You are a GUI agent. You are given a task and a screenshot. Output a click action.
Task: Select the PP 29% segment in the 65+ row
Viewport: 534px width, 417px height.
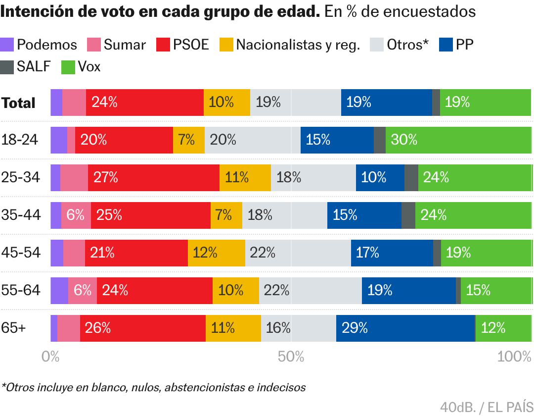tap(405, 328)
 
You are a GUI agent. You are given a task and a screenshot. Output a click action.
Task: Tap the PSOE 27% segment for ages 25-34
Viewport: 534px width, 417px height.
tap(154, 178)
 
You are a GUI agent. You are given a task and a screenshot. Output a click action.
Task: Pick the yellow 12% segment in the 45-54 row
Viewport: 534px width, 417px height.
tap(216, 253)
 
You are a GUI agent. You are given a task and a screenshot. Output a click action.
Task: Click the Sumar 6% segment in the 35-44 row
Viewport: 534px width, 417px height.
tap(76, 215)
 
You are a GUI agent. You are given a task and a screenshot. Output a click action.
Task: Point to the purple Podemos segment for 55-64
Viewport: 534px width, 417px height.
tap(59, 291)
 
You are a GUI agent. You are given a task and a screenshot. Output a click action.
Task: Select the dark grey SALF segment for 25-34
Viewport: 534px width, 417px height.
tap(411, 178)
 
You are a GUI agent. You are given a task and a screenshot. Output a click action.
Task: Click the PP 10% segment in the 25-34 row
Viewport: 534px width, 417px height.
tap(380, 178)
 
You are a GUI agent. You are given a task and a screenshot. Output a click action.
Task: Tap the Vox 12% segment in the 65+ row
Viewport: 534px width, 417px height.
tap(503, 328)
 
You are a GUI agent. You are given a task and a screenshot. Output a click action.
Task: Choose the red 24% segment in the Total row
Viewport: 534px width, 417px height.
tap(144, 103)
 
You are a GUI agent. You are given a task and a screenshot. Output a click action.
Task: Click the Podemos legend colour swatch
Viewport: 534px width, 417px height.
tap(7, 45)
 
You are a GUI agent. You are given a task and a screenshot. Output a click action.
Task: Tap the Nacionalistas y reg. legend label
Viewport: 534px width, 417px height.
tap(298, 45)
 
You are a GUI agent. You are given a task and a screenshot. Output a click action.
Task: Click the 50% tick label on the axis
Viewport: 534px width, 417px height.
tap(291, 357)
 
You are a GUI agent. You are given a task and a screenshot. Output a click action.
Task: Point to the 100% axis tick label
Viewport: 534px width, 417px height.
tap(515, 357)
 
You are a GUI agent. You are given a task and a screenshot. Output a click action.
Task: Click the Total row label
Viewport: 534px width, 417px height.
tap(18, 103)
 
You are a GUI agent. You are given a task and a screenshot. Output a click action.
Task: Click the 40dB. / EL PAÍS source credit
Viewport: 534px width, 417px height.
tap(487, 407)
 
